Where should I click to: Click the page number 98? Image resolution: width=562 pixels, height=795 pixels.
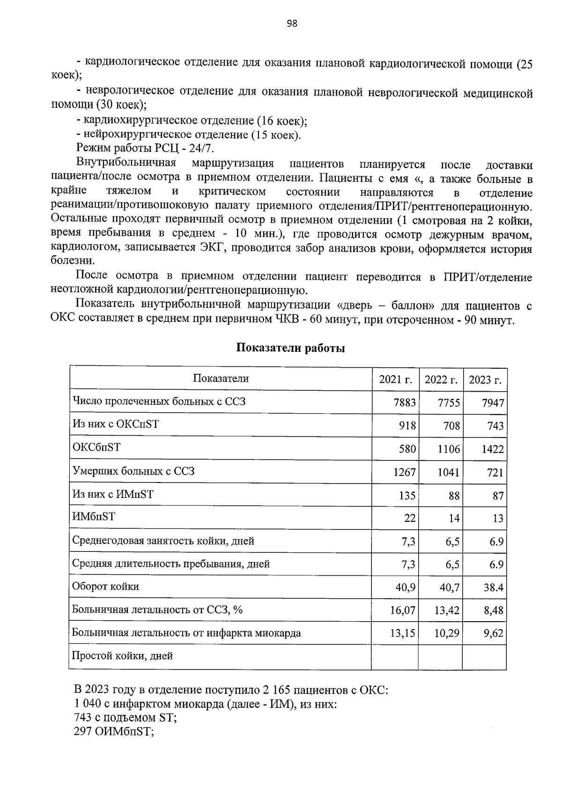coord(291,24)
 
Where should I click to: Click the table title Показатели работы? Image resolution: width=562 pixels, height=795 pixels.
coord(290,348)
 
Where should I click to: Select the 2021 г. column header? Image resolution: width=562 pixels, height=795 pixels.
coord(396,379)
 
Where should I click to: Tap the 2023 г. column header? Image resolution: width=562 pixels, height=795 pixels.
coord(485,379)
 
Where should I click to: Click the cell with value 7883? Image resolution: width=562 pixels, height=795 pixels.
coord(405,403)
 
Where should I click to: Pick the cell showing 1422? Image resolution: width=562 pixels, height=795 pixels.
coord(493,449)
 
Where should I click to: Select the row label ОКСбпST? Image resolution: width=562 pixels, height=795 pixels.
coord(96,447)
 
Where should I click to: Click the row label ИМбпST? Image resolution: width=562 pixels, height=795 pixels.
coord(94,517)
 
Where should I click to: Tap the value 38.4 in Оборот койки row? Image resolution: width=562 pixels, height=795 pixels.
coord(493,587)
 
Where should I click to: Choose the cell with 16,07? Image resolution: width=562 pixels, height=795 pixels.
coord(402,610)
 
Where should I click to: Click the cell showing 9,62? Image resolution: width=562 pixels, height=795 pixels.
coord(494,633)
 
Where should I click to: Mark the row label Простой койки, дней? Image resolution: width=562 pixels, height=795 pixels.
coord(122,656)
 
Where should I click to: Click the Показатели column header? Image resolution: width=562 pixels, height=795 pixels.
coord(221,379)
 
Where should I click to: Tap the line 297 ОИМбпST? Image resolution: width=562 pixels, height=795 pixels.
coord(114,732)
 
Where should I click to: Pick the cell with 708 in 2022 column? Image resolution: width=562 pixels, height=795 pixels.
coord(451,426)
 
